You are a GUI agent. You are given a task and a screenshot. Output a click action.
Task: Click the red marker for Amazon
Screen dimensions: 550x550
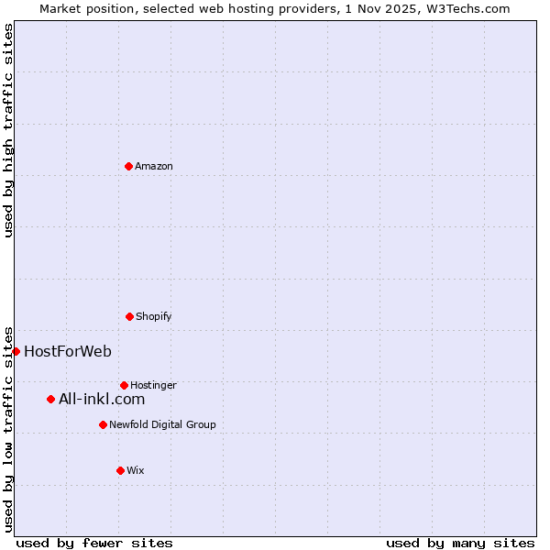click(x=128, y=166)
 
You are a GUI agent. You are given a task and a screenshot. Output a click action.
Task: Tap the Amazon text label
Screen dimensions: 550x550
click(x=153, y=167)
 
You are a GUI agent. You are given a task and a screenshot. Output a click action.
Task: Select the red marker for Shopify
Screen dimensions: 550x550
click(x=129, y=316)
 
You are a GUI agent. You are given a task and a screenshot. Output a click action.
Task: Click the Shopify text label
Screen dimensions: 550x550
click(x=153, y=317)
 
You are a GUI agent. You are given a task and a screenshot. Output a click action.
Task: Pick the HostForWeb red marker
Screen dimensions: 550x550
click(x=16, y=351)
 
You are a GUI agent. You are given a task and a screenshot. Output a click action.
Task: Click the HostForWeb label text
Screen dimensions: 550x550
click(x=67, y=351)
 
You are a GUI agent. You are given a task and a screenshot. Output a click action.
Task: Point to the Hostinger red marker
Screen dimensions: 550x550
click(x=124, y=385)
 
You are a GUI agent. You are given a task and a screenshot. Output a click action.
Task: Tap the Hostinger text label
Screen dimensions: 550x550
click(x=153, y=385)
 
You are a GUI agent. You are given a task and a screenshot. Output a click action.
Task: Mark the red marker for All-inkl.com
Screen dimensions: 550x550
click(x=50, y=399)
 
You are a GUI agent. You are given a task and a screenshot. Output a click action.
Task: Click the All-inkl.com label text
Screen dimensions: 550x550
click(x=101, y=399)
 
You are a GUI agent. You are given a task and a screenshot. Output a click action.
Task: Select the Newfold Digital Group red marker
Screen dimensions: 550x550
click(x=103, y=424)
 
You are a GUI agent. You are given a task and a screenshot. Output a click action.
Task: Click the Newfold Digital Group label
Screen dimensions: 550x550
click(x=162, y=425)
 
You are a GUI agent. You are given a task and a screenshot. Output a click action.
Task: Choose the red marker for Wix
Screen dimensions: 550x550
click(x=120, y=470)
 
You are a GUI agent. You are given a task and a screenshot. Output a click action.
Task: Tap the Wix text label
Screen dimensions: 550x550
click(x=135, y=471)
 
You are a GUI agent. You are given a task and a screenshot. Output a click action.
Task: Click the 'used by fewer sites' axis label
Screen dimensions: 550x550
click(x=94, y=543)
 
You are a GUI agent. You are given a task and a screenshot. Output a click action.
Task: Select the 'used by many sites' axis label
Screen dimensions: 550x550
click(x=460, y=543)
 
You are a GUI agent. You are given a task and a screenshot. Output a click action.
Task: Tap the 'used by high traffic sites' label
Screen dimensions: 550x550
click(x=8, y=130)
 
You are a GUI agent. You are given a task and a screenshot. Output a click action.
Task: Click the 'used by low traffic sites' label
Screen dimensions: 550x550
click(x=8, y=428)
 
